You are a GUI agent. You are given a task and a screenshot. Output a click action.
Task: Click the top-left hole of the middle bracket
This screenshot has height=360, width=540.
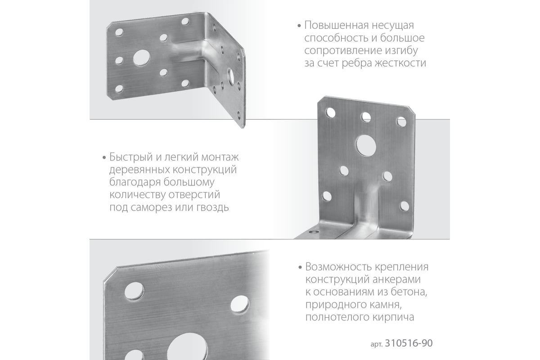(331, 112)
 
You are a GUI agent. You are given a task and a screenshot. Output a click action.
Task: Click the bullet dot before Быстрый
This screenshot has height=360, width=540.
(104, 158)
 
